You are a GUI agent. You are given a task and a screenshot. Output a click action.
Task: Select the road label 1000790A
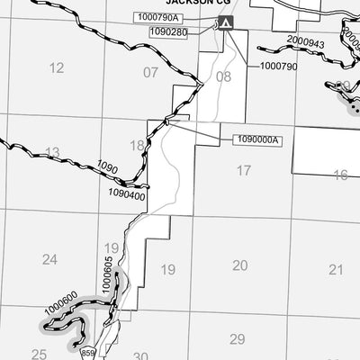pyautogui.click(x=157, y=17)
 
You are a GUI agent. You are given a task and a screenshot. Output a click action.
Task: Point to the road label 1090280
pyautogui.click(x=168, y=32)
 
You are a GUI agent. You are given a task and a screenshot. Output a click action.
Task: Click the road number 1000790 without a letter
pyautogui.click(x=277, y=66)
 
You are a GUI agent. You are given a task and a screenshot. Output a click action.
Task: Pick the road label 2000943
pyautogui.click(x=305, y=41)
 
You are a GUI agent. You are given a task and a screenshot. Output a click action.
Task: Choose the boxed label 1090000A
pyautogui.click(x=257, y=139)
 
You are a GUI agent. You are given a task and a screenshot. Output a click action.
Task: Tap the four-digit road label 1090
pyautogui.click(x=107, y=168)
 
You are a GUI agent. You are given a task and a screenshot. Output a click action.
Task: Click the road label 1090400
pyautogui.click(x=125, y=194)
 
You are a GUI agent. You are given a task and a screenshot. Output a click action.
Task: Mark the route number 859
pyautogui.click(x=87, y=355)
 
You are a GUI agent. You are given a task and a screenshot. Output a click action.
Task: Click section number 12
pyautogui.click(x=57, y=67)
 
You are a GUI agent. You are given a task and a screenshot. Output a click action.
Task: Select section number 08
pyautogui.click(x=223, y=76)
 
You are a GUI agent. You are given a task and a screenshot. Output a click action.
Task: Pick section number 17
pyautogui.click(x=244, y=170)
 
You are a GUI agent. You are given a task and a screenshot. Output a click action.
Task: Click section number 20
pyautogui.click(x=239, y=265)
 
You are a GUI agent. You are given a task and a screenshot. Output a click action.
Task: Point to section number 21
pyautogui.click(x=336, y=269)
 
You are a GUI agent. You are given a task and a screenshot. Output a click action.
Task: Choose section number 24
pyautogui.click(x=49, y=260)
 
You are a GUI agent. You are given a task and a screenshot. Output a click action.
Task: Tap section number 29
pyautogui.click(x=237, y=338)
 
